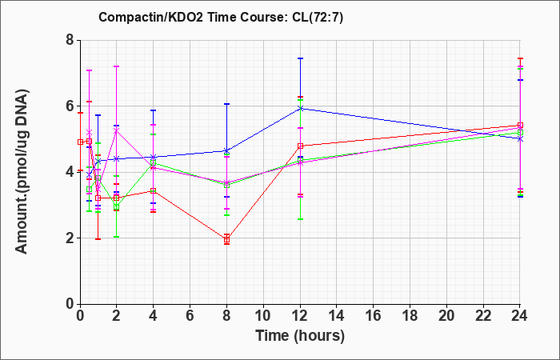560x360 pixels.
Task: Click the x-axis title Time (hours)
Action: (300, 336)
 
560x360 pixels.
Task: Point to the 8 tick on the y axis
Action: (70, 40)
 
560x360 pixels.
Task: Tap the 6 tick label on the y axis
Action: (70, 106)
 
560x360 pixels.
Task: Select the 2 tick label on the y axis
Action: (70, 238)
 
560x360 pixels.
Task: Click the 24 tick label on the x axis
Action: (520, 316)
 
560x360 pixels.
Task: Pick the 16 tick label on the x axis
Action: (374, 316)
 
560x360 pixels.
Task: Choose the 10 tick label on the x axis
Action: (263, 316)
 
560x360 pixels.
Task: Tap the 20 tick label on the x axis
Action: (446, 316)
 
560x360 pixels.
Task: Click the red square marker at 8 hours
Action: (226, 240)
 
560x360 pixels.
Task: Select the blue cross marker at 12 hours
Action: (300, 108)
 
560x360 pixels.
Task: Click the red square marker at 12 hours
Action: (300, 146)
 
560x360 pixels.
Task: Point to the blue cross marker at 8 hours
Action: (226, 150)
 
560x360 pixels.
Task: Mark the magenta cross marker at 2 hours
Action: (117, 131)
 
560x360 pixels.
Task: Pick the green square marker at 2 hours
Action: (117, 207)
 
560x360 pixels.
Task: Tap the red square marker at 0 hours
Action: (80, 142)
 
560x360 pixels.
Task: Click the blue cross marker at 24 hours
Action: (520, 139)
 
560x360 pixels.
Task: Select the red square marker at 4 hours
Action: (154, 190)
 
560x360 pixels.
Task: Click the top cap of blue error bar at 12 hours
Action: (300, 58)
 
